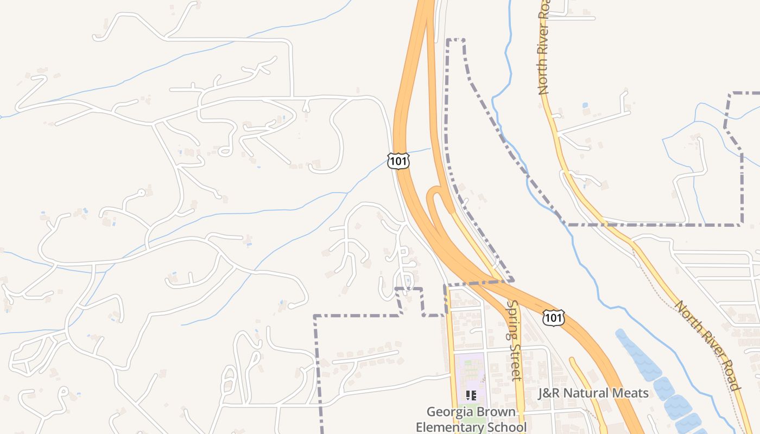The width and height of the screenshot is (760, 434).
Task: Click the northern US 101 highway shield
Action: click(x=398, y=161)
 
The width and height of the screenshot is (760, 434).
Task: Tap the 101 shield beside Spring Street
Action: click(x=553, y=317)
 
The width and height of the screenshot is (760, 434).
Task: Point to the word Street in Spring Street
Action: click(x=515, y=362)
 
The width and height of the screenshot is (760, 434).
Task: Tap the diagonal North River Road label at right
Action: click(x=707, y=345)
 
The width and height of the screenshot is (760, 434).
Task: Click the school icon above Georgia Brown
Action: click(x=471, y=395)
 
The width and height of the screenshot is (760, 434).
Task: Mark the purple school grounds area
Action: click(x=469, y=374)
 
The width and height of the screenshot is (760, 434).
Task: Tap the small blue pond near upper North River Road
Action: click(x=585, y=105)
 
